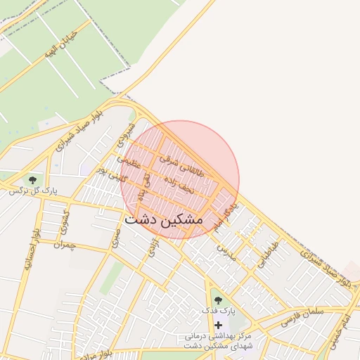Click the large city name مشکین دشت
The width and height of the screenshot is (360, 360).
tap(163, 220)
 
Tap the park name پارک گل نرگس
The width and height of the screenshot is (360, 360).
tap(32, 191)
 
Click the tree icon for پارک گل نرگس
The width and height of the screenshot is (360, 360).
tap(32, 179)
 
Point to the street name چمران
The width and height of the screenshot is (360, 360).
tap(63, 246)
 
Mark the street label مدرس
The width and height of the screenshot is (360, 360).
tap(224, 249)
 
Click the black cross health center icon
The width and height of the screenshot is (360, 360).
tap(218, 325)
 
